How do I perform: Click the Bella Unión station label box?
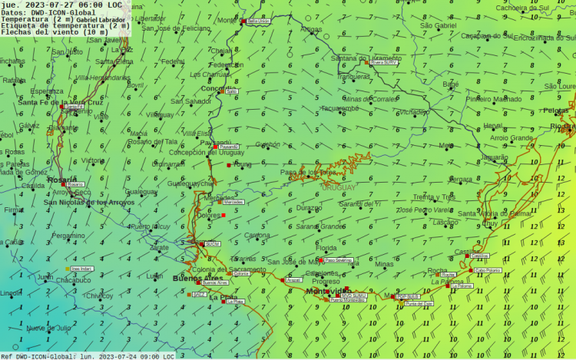pyautogui.click(x=258, y=21)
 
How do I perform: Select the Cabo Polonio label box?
pyautogui.click(x=487, y=270)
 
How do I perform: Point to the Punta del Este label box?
pyautogui.click(x=419, y=304)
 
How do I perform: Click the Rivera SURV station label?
pyautogui.click(x=384, y=63)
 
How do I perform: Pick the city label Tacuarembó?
pyautogui.click(x=339, y=108)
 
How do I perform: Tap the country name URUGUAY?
pyautogui.click(x=338, y=187)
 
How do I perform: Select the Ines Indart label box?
pyautogui.click(x=81, y=269)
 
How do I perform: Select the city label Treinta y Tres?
pyautogui.click(x=434, y=197)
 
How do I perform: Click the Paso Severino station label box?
pyautogui.click(x=338, y=260)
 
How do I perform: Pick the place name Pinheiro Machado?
pyautogui.click(x=493, y=99)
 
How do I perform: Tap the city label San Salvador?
pyautogui.click(x=190, y=101)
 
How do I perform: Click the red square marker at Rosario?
pyautogui.click(x=64, y=184)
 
